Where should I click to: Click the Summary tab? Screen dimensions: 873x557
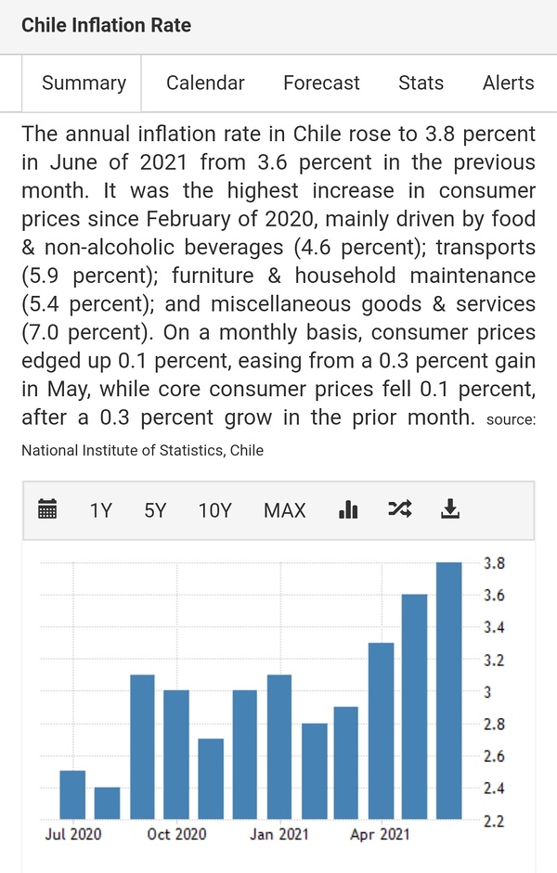[x=84, y=83]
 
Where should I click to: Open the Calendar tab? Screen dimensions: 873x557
[x=205, y=83]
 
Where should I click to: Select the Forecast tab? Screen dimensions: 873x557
[x=321, y=83]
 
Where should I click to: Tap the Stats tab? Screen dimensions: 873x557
[x=421, y=83]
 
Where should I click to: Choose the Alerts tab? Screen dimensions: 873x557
[x=508, y=83]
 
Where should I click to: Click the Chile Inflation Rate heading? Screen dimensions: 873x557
[x=106, y=25]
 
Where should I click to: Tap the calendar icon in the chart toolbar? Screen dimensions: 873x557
[x=47, y=508]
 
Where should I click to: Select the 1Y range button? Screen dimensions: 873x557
[x=100, y=509]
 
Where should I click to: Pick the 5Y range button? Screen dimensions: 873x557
[x=155, y=509]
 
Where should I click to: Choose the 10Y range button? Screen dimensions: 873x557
[x=214, y=509]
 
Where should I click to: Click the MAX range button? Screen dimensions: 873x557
[x=284, y=509]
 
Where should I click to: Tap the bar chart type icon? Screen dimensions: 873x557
[x=348, y=508]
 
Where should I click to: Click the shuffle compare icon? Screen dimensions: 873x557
[x=399, y=508]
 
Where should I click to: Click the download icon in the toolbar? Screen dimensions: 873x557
[x=450, y=508]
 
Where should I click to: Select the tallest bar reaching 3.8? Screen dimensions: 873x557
[x=449, y=691]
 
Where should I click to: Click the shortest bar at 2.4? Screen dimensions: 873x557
[x=107, y=803]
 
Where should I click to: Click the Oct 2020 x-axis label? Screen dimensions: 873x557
[x=176, y=834]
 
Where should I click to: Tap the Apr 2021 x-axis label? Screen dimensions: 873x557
[x=380, y=834]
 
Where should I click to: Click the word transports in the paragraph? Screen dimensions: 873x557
[x=486, y=248]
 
